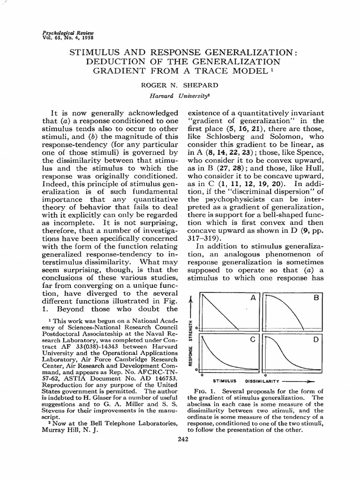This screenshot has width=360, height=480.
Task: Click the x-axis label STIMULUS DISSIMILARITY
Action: click(x=248, y=381)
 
